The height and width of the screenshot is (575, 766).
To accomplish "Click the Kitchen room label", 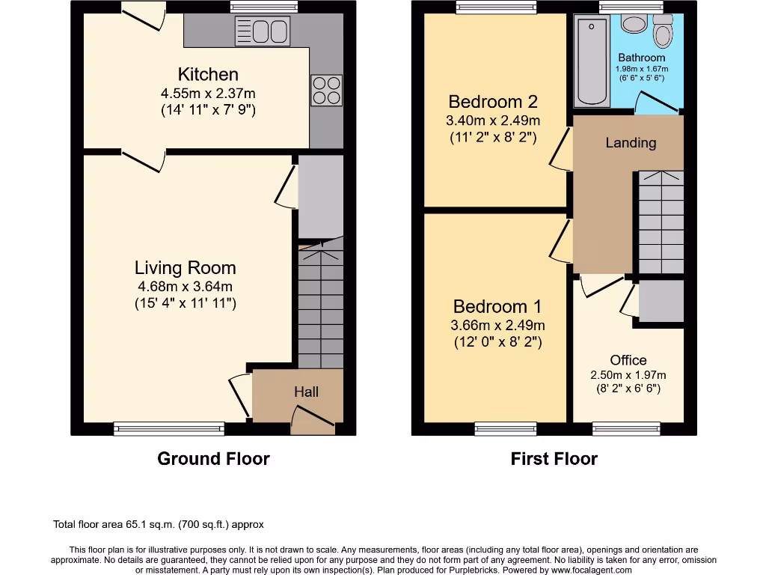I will point(208,74).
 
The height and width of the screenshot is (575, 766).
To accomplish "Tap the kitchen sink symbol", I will point(263,31).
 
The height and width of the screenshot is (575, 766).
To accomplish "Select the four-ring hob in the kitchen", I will point(326,90).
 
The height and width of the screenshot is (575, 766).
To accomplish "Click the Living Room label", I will point(185,267).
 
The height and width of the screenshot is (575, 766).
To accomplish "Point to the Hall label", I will point(306,392).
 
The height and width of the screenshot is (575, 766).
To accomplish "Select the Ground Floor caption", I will point(213,458).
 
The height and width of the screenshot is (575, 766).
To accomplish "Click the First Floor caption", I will point(554,458).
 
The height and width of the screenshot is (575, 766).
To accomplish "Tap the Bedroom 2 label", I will point(492,101).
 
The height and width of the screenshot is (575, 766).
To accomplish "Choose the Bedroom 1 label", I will point(497,306).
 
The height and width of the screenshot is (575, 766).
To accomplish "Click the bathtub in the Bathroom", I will point(592,61).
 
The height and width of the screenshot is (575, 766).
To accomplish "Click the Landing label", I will point(631,142).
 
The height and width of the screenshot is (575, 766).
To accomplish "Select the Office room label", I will point(628,360).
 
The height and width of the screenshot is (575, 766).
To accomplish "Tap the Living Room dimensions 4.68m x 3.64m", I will point(185,286).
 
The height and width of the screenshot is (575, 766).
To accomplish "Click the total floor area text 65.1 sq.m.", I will point(159,525).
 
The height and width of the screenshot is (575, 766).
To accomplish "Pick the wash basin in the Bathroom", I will point(634,24).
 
